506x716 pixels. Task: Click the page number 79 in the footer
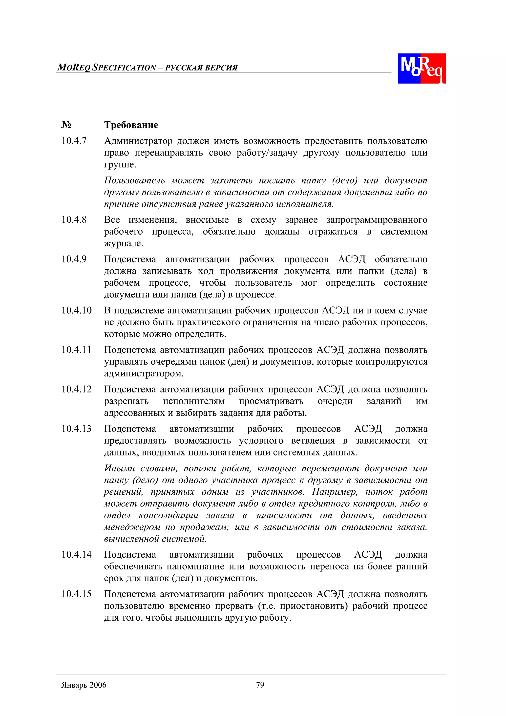[260, 685]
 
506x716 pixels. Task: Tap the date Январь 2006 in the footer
[84, 685]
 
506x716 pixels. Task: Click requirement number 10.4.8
[74, 220]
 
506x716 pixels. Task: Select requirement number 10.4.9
[74, 259]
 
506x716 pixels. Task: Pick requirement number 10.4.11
[76, 350]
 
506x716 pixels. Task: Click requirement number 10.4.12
[76, 389]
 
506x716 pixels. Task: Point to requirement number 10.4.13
[76, 429]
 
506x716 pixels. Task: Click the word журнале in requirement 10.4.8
[124, 243]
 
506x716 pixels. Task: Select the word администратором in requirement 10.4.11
[144, 374]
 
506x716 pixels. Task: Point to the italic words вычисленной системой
[155, 539]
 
